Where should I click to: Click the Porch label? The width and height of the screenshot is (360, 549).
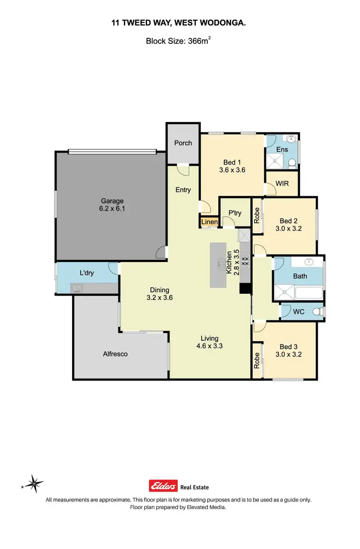tap(183, 143)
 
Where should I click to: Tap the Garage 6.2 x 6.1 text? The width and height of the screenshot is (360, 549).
tap(112, 205)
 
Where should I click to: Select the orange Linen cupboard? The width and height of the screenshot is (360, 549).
tap(209, 222)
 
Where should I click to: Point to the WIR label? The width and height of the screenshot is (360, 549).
tap(282, 184)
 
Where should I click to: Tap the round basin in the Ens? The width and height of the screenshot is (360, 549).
tap(290, 140)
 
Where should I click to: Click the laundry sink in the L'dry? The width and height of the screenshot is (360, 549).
tap(76, 288)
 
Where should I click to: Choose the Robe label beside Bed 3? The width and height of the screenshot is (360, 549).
tap(257, 360)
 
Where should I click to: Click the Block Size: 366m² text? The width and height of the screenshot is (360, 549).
tap(179, 41)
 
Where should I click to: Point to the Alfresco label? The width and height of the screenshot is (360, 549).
tap(115, 354)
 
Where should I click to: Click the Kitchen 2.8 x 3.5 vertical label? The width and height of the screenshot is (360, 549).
tap(232, 262)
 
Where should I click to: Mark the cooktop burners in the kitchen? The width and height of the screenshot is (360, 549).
tap(244, 262)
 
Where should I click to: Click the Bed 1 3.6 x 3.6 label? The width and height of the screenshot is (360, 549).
tap(232, 166)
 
